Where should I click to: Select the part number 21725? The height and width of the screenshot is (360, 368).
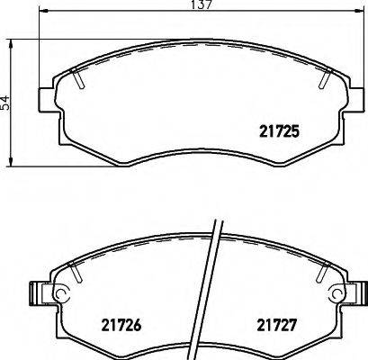point(279,130)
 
